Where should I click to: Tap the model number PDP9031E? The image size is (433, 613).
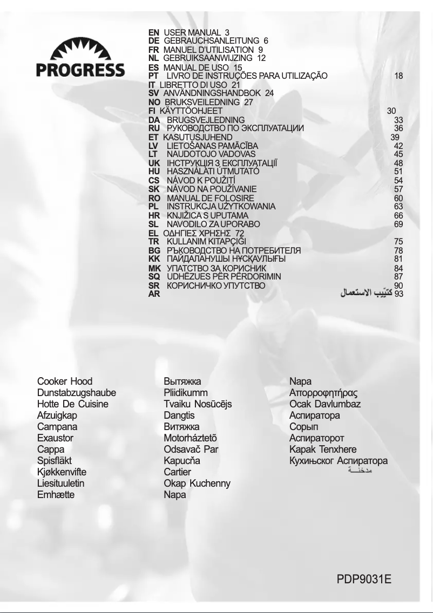tap(364, 580)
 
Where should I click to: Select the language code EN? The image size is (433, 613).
tap(153, 33)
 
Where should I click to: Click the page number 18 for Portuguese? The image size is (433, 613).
tap(398, 76)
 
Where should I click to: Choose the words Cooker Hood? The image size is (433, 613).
tap(65, 382)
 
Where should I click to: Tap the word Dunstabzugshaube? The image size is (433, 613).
tap(77, 393)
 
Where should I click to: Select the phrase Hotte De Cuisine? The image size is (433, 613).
tap(73, 404)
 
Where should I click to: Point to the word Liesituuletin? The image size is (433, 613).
tap(61, 483)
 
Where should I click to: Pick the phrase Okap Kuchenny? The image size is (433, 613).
tap(197, 483)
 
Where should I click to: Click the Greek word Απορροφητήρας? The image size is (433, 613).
tap(324, 393)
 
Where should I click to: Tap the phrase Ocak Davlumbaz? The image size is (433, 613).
tap(325, 404)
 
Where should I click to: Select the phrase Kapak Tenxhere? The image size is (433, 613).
tap(323, 449)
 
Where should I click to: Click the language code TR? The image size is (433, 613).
tap(154, 242)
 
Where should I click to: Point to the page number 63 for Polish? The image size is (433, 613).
tap(398, 207)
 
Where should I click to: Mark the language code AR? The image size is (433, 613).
tap(154, 295)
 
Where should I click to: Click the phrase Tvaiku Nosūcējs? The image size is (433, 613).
tap(198, 404)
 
